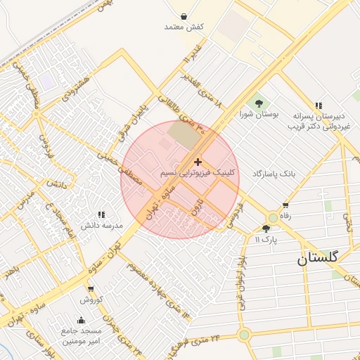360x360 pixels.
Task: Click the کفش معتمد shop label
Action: [184, 26]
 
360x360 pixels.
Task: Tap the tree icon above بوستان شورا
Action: [259, 103]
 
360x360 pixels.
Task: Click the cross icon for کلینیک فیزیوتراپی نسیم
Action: [198, 162]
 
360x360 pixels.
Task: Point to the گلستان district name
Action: [317, 257]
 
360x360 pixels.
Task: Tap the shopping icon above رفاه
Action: [285, 206]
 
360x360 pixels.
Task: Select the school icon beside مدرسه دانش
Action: [101, 214]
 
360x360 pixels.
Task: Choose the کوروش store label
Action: [91, 299]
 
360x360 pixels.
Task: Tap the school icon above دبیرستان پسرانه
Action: [319, 105]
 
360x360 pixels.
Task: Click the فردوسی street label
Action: [233, 217]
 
